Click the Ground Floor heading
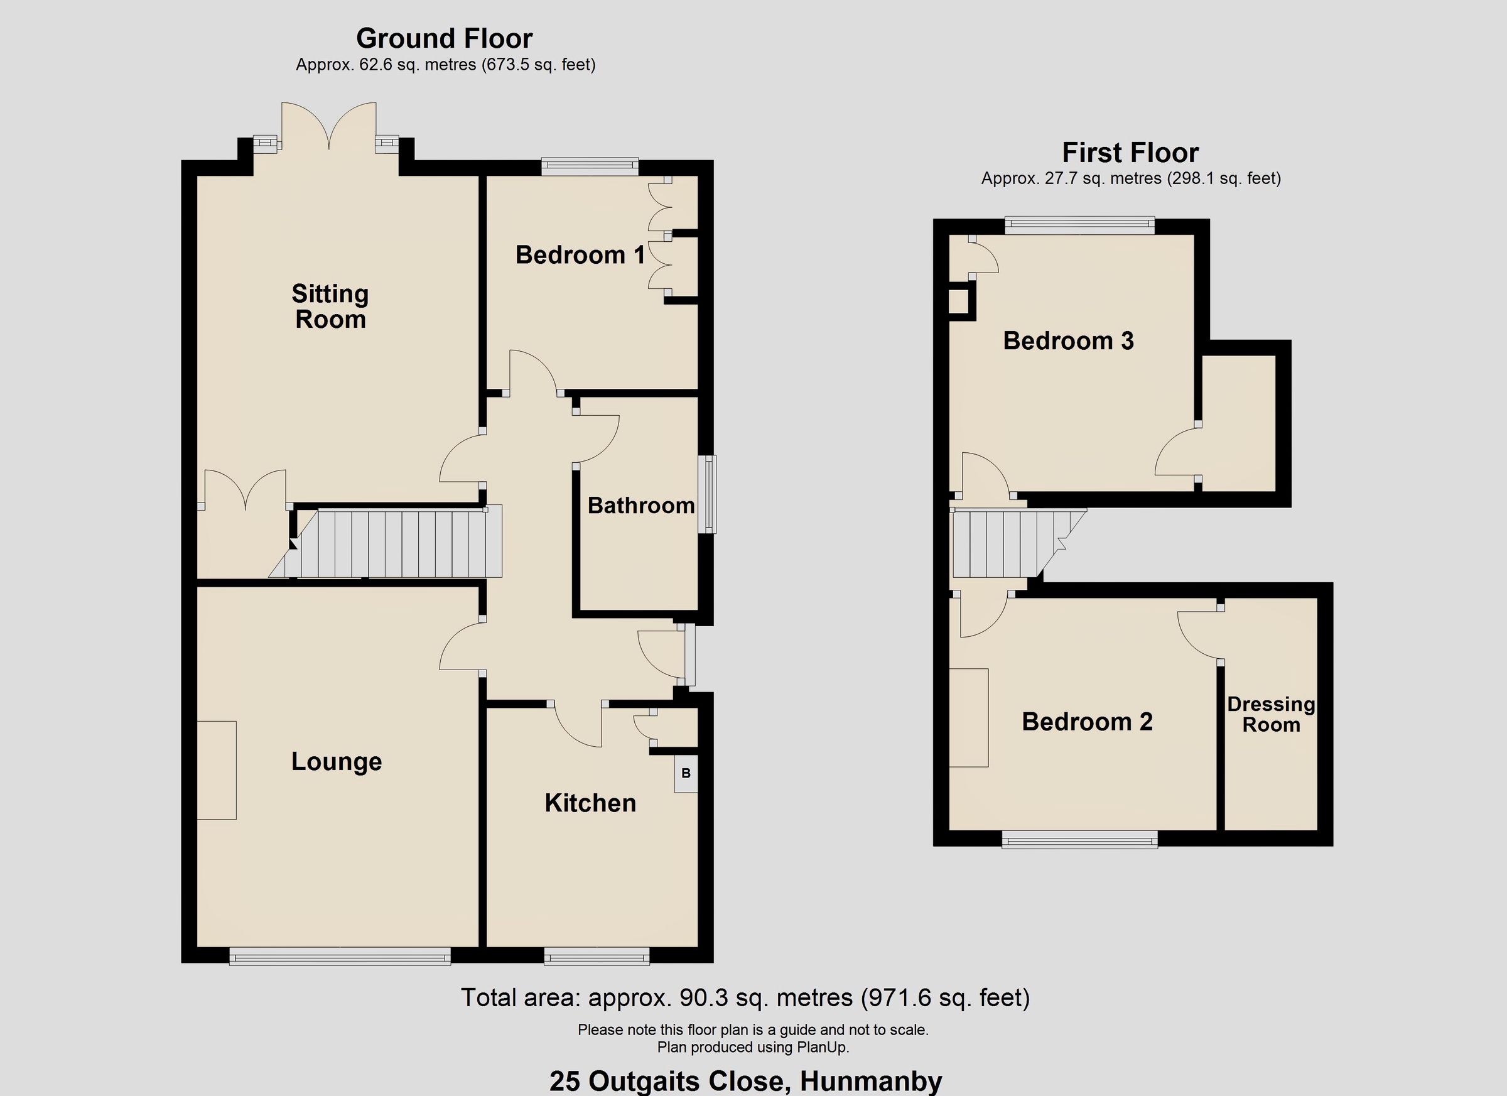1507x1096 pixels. click(x=444, y=38)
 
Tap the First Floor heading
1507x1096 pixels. click(x=1130, y=153)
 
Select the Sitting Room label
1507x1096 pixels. click(x=330, y=307)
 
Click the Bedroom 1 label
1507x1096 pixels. click(x=580, y=255)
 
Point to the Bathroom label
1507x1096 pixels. click(x=640, y=506)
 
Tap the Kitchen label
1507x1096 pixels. click(x=590, y=803)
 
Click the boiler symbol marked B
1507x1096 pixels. click(x=686, y=774)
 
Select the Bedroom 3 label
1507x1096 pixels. click(x=1068, y=341)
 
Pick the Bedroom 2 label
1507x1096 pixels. click(x=1087, y=722)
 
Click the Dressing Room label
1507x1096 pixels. click(x=1270, y=715)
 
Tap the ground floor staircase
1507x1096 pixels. click(x=399, y=544)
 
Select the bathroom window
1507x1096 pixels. click(x=710, y=494)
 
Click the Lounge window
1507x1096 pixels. click(x=340, y=958)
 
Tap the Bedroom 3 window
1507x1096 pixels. click(x=1079, y=226)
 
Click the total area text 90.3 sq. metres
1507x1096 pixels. click(x=745, y=997)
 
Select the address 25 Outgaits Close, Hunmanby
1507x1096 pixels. click(x=745, y=1082)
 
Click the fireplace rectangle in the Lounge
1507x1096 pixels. click(x=217, y=769)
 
